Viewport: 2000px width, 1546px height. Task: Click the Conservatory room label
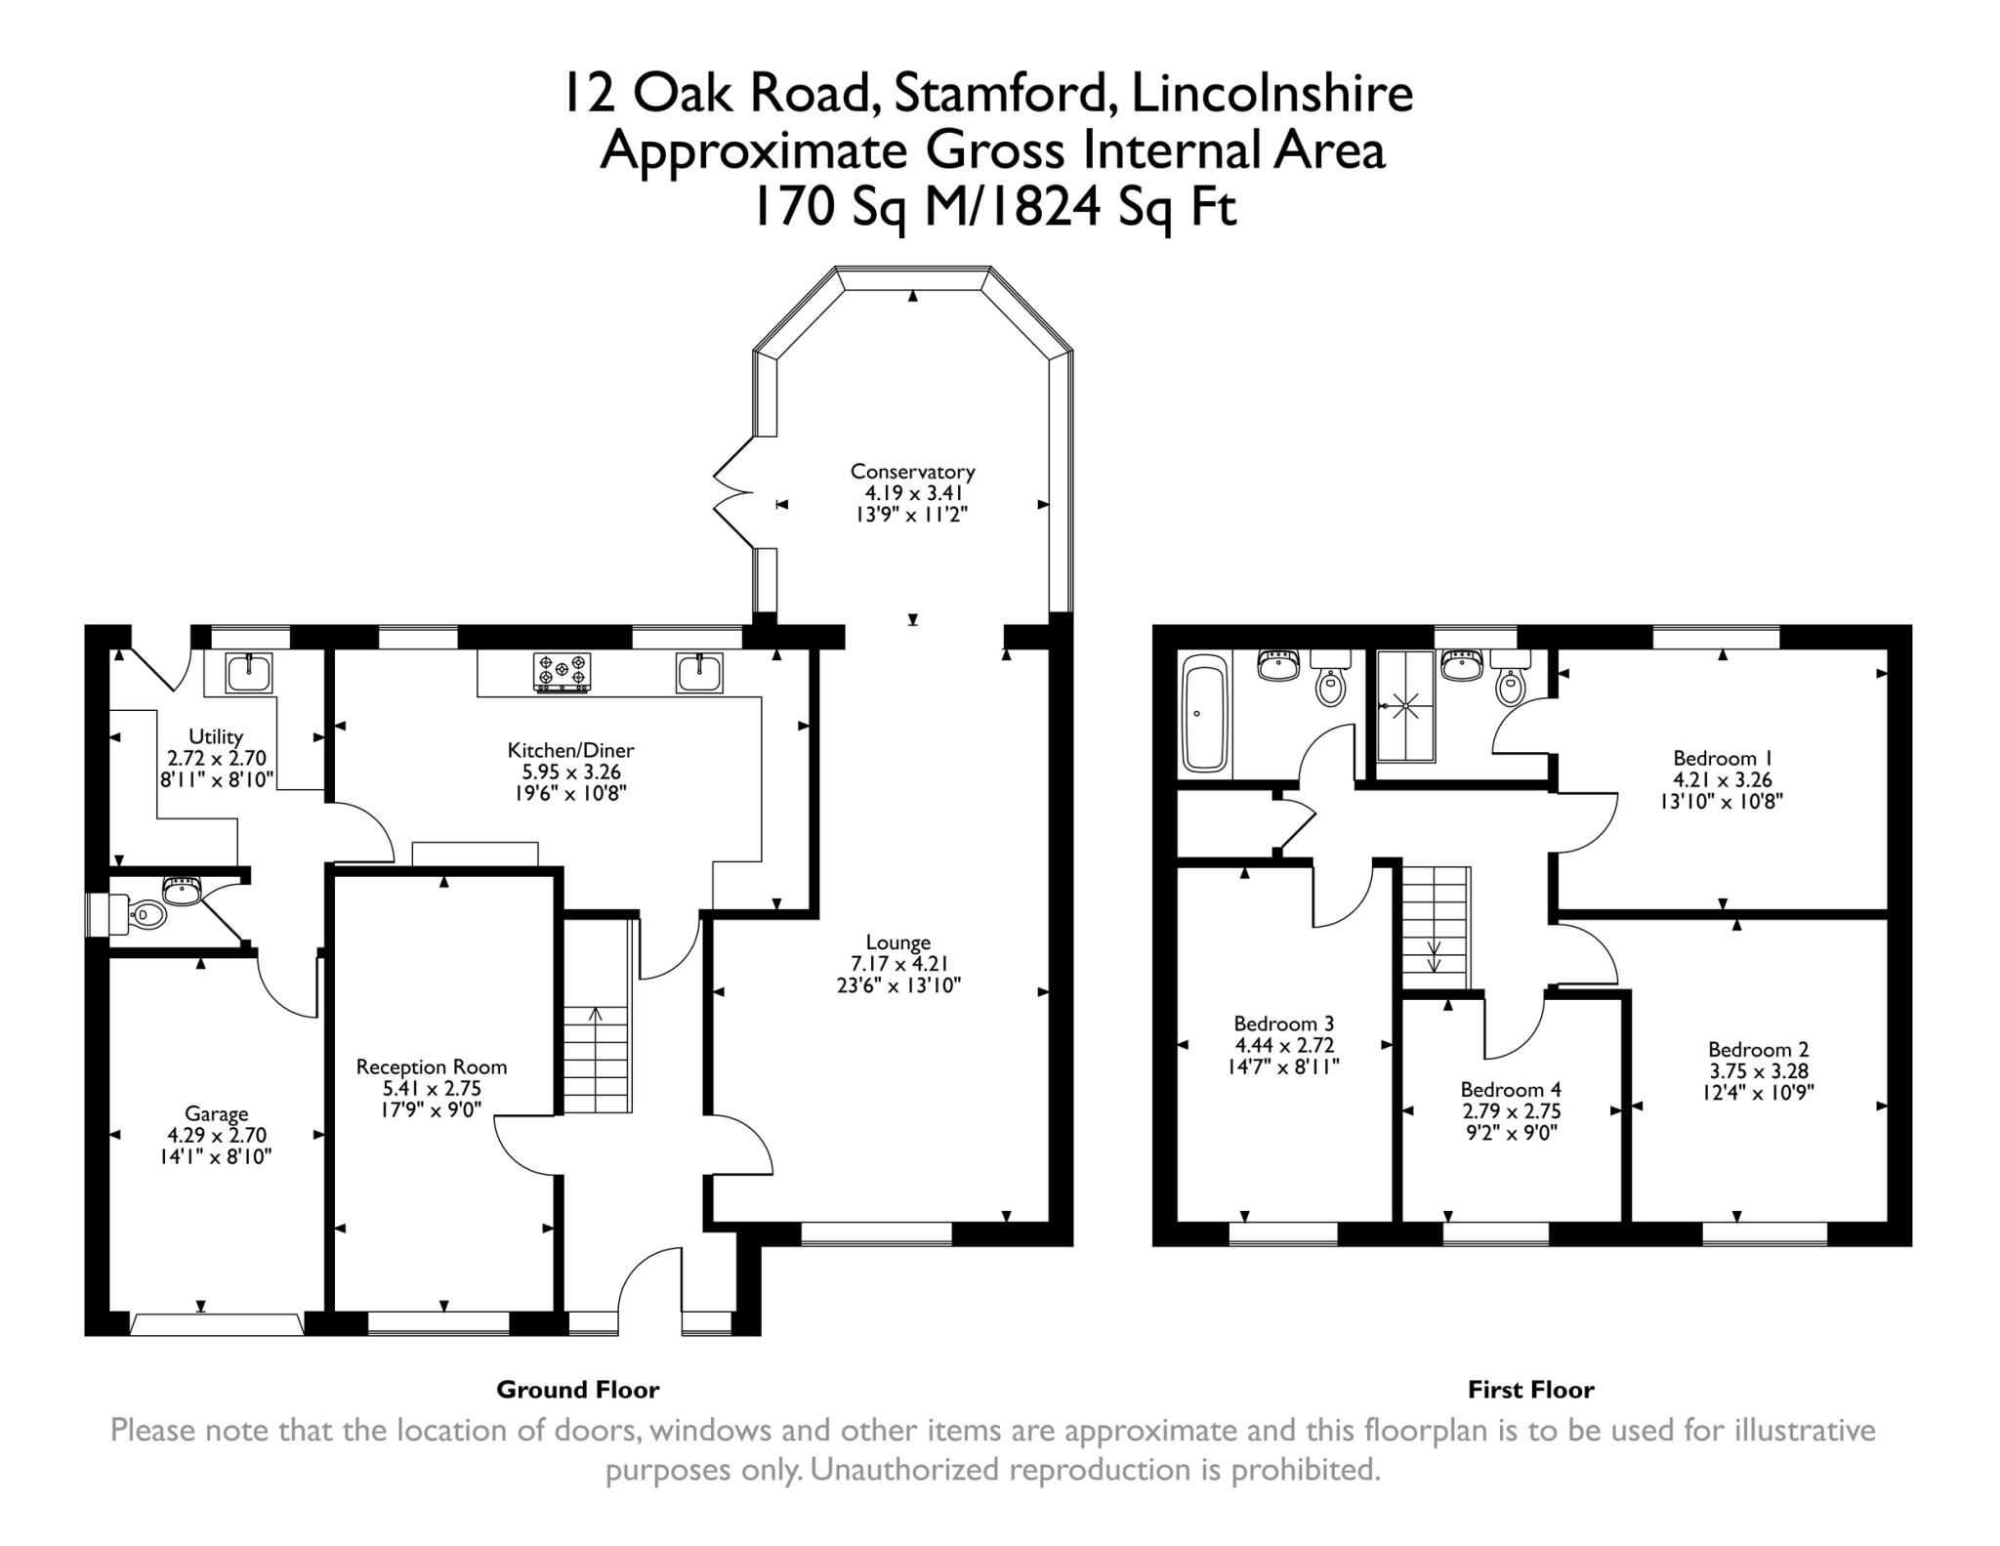coord(912,472)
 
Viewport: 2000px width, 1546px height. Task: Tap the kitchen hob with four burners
coord(562,673)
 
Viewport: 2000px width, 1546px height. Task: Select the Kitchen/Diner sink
coord(699,674)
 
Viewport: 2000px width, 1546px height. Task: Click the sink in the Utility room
coord(249,673)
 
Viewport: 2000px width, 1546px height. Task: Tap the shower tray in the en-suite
coord(1406,705)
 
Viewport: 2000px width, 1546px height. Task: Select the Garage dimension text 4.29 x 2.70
coord(216,1135)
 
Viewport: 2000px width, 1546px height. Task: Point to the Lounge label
coord(897,942)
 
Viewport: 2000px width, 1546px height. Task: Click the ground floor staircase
coord(597,1060)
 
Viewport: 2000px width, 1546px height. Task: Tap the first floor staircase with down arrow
coord(1436,927)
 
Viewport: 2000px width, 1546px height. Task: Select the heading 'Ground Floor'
coord(577,1389)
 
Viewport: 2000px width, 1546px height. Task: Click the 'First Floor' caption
coord(1530,1389)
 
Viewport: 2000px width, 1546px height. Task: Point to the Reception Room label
coord(431,1066)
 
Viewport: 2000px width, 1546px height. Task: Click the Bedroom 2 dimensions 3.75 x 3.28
coord(1758,1070)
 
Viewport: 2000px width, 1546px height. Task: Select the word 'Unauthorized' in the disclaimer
coord(904,1469)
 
